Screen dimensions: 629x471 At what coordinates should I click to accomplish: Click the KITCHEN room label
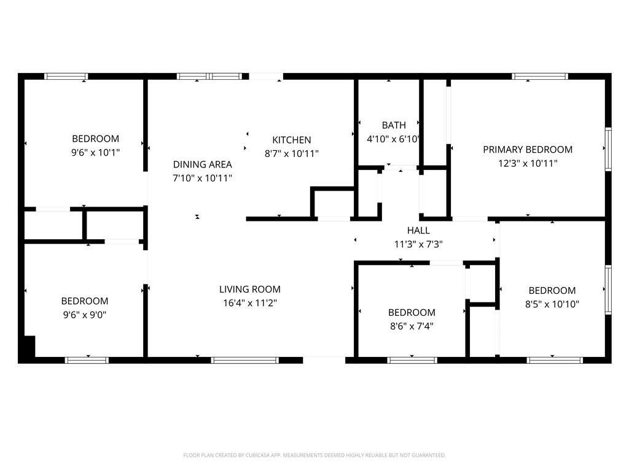(x=291, y=140)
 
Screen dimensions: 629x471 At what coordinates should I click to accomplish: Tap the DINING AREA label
(x=202, y=164)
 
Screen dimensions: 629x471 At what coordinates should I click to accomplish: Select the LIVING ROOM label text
(x=250, y=289)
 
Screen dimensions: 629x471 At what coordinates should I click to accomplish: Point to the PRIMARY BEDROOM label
(x=528, y=150)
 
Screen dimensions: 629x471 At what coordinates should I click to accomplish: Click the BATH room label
(x=394, y=125)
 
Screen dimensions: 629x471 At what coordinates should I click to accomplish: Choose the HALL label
(x=418, y=231)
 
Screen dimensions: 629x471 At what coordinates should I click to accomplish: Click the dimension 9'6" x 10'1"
(x=95, y=153)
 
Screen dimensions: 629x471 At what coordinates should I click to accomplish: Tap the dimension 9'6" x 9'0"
(x=85, y=315)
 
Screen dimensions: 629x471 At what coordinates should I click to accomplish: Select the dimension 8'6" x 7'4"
(x=412, y=326)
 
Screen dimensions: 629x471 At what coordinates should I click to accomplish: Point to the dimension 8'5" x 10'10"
(x=552, y=304)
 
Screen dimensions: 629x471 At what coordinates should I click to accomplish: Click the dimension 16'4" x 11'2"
(x=250, y=303)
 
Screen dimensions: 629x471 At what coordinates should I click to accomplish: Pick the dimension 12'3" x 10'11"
(x=528, y=163)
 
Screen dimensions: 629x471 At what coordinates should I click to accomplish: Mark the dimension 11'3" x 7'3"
(x=418, y=244)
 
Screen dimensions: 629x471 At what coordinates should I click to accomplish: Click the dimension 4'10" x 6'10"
(x=393, y=139)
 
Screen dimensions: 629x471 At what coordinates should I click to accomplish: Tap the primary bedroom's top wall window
(x=540, y=76)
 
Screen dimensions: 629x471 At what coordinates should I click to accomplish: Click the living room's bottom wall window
(x=244, y=360)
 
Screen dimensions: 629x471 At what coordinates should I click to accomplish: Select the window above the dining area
(x=209, y=76)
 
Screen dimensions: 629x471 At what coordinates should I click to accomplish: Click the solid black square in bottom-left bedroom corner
(x=29, y=346)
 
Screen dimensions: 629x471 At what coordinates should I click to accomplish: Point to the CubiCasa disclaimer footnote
(x=314, y=455)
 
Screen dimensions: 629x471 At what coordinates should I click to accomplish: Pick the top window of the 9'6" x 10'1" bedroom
(x=66, y=76)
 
